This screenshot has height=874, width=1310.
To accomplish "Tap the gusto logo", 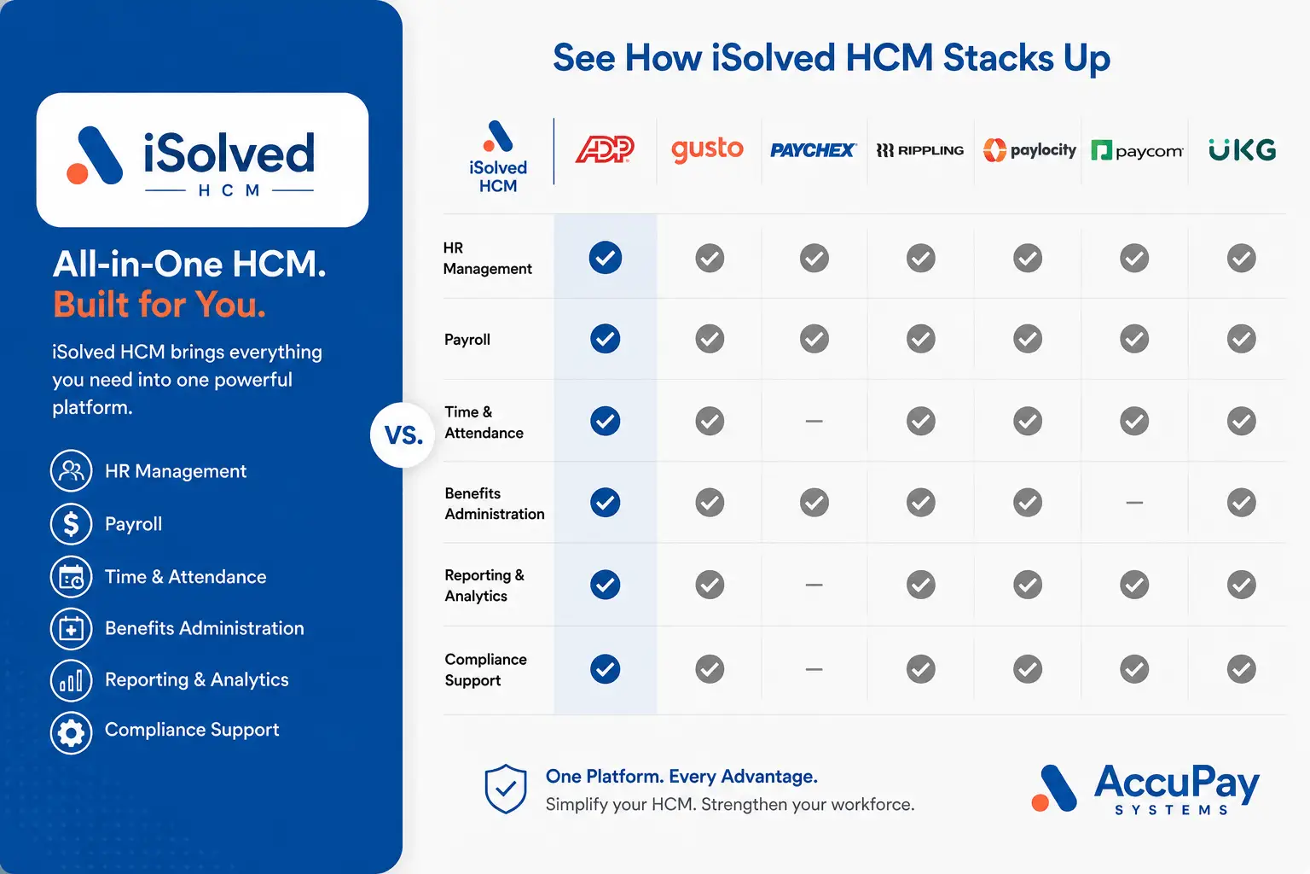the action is click(707, 150).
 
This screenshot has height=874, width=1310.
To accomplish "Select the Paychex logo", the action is click(813, 150).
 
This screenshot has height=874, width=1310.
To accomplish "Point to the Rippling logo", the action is click(919, 150).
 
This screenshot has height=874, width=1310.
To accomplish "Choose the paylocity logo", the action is click(1029, 150).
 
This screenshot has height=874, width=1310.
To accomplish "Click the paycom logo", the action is click(1137, 151).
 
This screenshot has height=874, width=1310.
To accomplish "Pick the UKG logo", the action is click(1242, 150).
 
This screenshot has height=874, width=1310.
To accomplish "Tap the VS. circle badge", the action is click(403, 435).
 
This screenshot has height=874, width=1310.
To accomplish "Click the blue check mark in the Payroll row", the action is click(606, 338).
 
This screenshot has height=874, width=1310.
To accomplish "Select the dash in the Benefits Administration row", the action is click(1134, 502).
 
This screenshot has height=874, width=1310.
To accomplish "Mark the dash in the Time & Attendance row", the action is click(814, 421).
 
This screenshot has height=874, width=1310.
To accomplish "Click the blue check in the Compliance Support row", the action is click(606, 668).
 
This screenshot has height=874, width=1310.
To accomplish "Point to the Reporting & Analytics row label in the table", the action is click(484, 586).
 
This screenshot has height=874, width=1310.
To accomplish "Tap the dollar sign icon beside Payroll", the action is click(71, 524).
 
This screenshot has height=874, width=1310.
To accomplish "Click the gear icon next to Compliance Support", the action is click(71, 732).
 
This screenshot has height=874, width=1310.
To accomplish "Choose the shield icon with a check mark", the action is click(505, 789).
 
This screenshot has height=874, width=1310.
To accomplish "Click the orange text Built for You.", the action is click(159, 305).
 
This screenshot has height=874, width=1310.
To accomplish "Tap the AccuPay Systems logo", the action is click(1145, 790).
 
